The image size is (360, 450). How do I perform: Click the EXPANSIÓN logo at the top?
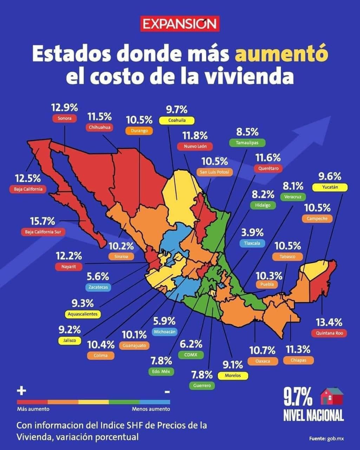click(180, 24)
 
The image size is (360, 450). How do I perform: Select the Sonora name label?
click(65, 118)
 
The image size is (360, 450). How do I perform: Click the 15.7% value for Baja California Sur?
click(42, 221)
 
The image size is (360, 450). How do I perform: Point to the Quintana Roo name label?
click(329, 333)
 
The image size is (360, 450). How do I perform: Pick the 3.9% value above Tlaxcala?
click(252, 232)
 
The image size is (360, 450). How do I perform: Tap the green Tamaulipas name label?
click(247, 143)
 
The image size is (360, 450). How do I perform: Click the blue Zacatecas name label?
click(98, 287)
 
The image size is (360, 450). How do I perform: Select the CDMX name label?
click(191, 355)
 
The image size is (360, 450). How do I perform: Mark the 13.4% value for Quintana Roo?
click(329, 322)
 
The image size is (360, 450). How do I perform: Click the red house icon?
click(332, 397)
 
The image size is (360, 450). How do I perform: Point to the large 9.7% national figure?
click(298, 397)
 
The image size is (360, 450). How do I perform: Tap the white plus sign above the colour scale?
click(21, 391)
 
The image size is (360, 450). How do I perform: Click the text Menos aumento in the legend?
click(151, 409)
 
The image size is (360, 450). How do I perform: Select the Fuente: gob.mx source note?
click(327, 438)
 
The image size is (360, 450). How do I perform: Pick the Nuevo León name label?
click(195, 146)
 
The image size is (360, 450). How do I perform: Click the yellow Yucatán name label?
click(330, 187)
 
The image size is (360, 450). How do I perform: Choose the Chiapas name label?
click(298, 360)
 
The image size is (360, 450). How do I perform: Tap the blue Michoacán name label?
click(165, 332)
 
